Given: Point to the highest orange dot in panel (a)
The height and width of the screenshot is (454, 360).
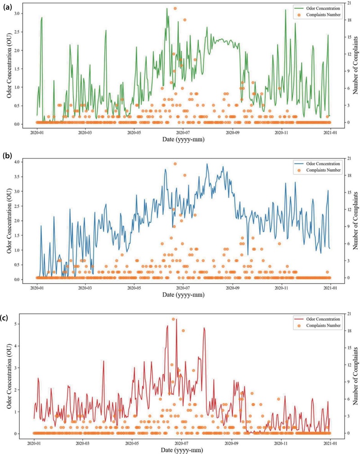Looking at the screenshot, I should pyautogui.click(x=175, y=9).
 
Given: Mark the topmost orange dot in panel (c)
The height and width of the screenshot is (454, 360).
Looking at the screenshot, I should pyautogui.click(x=173, y=319).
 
